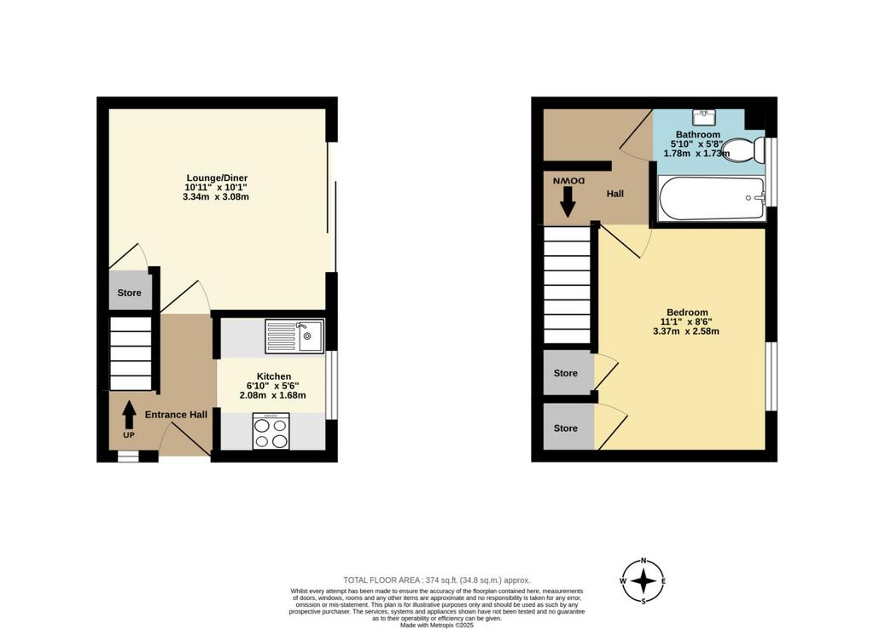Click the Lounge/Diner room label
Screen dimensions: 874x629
tap(216, 178)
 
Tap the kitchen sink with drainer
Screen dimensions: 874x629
tap(294, 336)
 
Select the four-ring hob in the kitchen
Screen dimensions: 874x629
tap(271, 431)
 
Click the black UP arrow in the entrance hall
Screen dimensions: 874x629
tap(129, 415)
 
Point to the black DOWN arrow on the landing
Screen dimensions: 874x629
tap(568, 201)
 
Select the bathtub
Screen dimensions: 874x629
tap(712, 198)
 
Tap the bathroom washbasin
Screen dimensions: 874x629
tap(704, 118)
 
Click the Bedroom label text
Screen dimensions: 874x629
tap(687, 312)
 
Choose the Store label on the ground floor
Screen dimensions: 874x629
tap(130, 293)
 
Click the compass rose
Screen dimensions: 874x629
tap(644, 581)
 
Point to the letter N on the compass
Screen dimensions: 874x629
tap(644, 561)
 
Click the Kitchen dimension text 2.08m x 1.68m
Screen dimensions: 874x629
tap(272, 395)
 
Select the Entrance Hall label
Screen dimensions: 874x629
tap(176, 415)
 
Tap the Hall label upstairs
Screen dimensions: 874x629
tap(615, 194)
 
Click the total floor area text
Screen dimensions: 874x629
tap(437, 580)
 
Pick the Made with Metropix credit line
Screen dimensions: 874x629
tap(437, 625)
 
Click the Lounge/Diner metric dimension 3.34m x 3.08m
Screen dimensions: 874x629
tap(216, 196)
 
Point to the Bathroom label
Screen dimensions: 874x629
tap(698, 134)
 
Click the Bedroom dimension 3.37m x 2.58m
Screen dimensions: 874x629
tap(686, 331)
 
